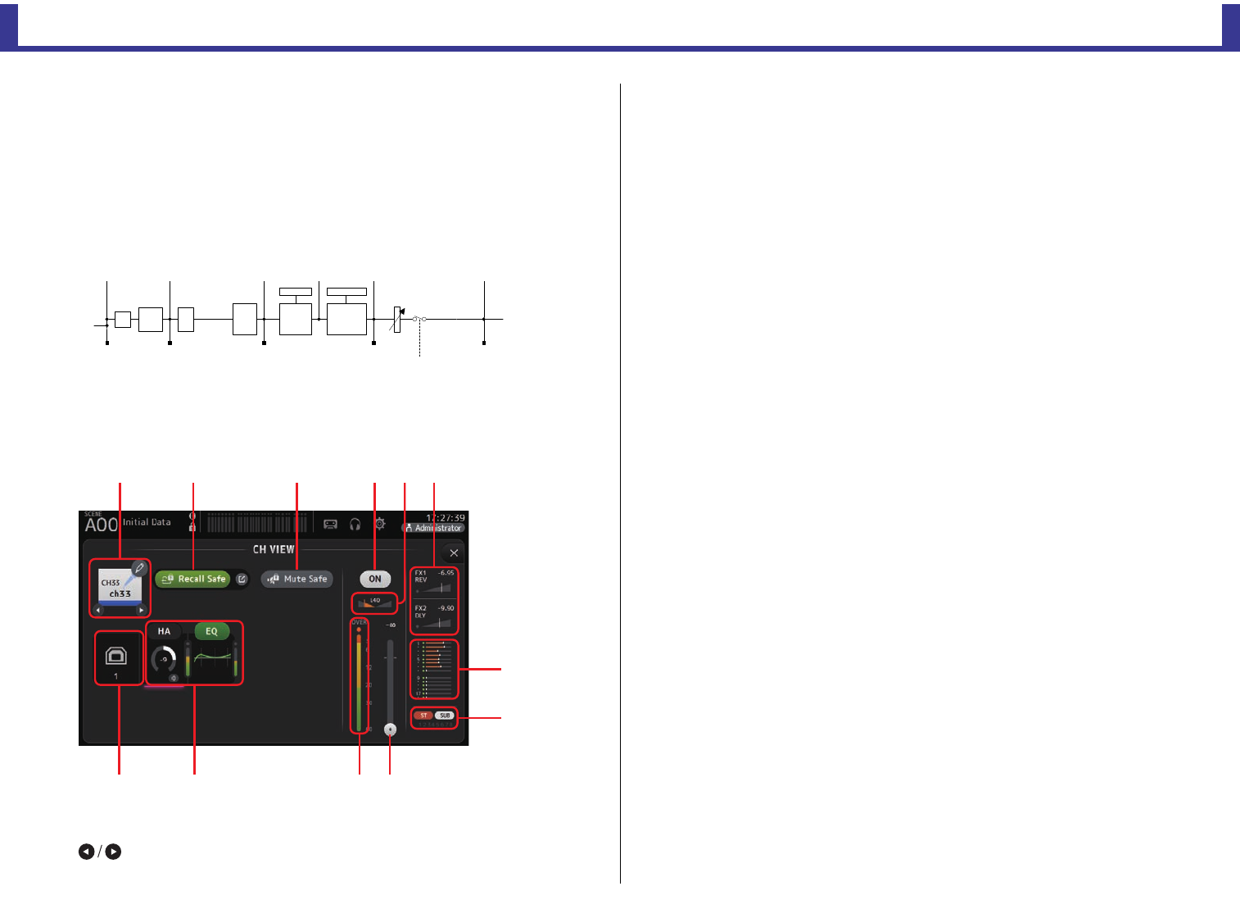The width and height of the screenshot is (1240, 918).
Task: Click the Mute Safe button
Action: (297, 579)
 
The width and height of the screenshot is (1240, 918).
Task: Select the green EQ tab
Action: (211, 631)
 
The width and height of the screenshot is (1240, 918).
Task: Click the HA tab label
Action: (164, 631)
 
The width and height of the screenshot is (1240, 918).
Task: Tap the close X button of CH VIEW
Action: (454, 553)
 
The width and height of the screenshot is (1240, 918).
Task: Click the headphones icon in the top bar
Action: (355, 524)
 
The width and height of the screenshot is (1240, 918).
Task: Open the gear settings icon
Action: (380, 524)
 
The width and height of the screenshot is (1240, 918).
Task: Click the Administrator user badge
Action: (434, 528)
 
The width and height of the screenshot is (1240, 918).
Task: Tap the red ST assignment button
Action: (423, 716)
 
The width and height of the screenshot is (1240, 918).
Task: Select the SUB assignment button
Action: (445, 716)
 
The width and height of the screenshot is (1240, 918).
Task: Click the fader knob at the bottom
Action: (390, 729)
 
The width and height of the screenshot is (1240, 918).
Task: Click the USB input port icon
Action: (116, 656)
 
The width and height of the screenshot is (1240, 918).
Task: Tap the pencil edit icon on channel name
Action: (139, 568)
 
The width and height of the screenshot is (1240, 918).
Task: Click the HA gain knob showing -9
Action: (164, 659)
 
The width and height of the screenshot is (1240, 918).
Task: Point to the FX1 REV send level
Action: (434, 582)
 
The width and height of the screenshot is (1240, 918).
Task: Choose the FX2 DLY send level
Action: (434, 617)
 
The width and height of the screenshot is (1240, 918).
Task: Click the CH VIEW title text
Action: (274, 549)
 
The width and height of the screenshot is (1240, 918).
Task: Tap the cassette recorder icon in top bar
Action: (330, 524)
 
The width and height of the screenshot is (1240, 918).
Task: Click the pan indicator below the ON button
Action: (375, 603)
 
